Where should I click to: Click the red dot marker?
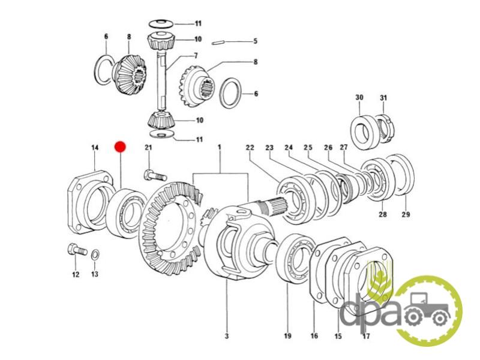point(120,147)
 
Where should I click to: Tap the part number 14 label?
point(95,148)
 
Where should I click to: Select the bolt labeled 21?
point(155,175)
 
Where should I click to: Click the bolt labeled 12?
point(77,250)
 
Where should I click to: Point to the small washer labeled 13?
point(95,254)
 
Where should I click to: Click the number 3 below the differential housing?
point(227,336)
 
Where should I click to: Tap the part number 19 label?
point(287,336)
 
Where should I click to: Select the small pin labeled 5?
point(218,42)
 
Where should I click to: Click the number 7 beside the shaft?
point(196,56)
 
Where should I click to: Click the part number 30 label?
point(359,97)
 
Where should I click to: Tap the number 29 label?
point(406,214)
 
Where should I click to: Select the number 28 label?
point(383,214)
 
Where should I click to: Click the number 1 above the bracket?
point(219,147)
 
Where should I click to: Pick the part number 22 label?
point(250,147)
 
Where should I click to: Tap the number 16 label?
point(314,336)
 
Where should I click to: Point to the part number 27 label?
point(344,147)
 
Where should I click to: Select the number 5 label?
point(256,41)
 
